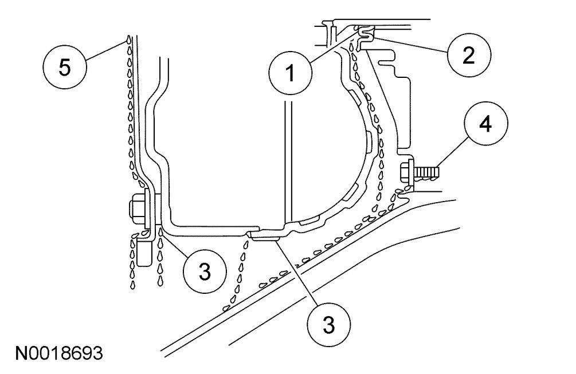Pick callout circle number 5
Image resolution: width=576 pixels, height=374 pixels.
pyautogui.click(x=64, y=66)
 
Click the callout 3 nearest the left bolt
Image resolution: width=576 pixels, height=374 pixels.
pyautogui.click(x=205, y=272)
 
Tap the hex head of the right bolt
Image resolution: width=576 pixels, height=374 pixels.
pyautogui.click(x=406, y=171)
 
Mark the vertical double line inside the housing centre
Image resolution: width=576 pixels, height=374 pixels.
pyautogui.click(x=289, y=160)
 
